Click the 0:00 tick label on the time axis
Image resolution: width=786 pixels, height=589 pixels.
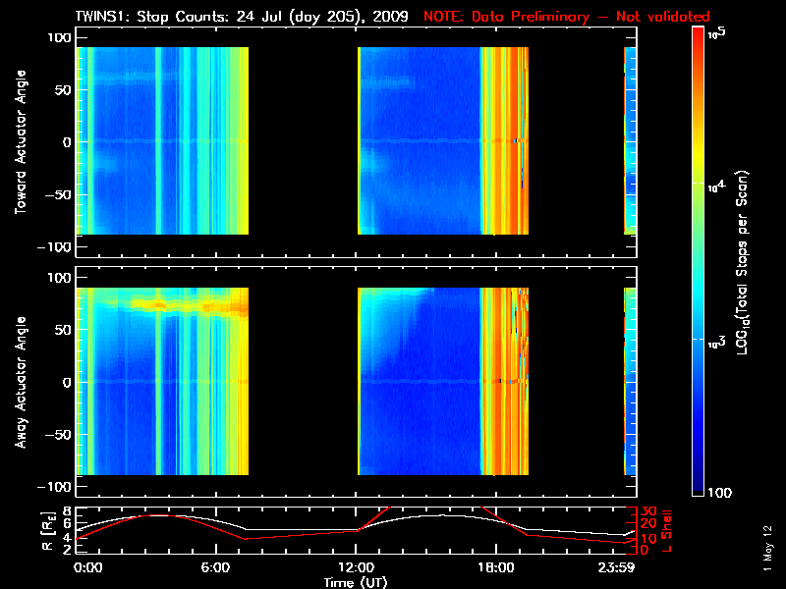tap(88, 567)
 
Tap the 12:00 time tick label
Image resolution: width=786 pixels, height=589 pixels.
tap(358, 567)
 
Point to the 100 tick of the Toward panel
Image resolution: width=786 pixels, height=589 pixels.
tap(61, 36)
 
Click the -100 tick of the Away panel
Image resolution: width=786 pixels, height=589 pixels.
tap(57, 487)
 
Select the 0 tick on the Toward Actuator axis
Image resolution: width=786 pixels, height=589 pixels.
tap(67, 142)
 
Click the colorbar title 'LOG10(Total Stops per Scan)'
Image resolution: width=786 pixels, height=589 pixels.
tap(749, 260)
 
